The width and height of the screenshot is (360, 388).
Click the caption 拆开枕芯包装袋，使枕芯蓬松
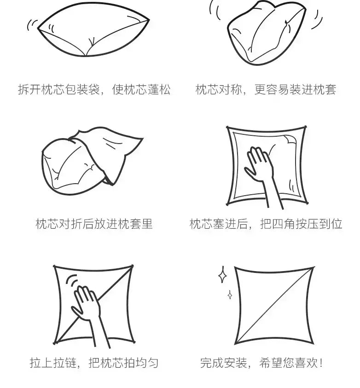point(94,89)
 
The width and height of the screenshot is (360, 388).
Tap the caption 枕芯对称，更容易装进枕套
point(266,89)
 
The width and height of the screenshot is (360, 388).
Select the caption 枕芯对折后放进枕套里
point(94,224)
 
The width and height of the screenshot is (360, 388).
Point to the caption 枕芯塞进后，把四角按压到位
point(266,224)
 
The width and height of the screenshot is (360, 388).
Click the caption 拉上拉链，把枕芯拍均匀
point(94,363)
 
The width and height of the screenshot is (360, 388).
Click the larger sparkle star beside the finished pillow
point(222,274)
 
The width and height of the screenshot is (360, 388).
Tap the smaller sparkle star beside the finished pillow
point(230,295)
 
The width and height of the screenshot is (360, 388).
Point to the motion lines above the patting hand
point(72,281)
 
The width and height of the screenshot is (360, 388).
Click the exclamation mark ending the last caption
point(321,363)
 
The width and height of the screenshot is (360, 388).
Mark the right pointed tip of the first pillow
point(149,20)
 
